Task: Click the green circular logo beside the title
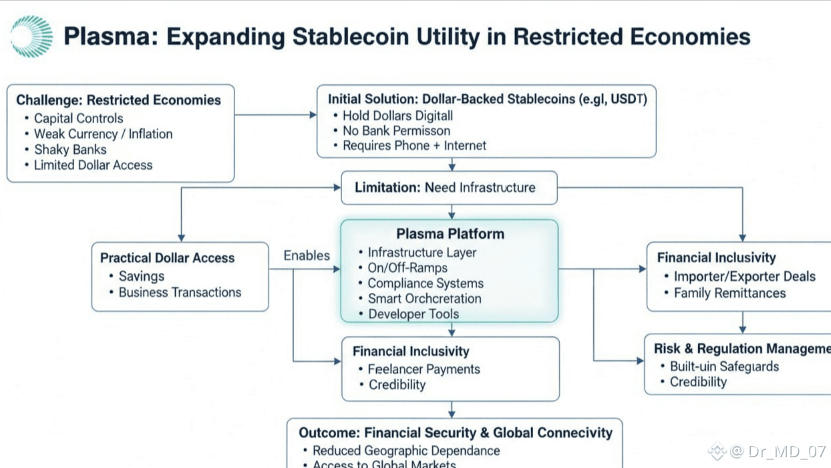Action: pyautogui.click(x=31, y=36)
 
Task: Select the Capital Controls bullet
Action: pyautogui.click(x=78, y=118)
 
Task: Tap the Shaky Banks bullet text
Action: pyautogui.click(x=70, y=150)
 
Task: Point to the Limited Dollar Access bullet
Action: pyautogui.click(x=93, y=165)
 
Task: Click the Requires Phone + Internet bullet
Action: pyautogui.click(x=414, y=146)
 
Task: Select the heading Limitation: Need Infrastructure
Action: pyautogui.click(x=445, y=188)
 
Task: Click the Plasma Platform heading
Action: pyautogui.click(x=450, y=234)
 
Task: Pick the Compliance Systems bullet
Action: pyautogui.click(x=425, y=283)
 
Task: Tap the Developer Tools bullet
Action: pyautogui.click(x=413, y=314)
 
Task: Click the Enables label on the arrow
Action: pyautogui.click(x=307, y=255)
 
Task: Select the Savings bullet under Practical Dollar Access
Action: pyautogui.click(x=141, y=276)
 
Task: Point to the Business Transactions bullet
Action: pyautogui.click(x=180, y=292)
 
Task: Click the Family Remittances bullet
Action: pyautogui.click(x=729, y=293)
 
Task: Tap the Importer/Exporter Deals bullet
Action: pyautogui.click(x=744, y=277)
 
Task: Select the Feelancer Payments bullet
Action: pyautogui.click(x=424, y=369)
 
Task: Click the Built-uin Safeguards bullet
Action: pyautogui.click(x=724, y=366)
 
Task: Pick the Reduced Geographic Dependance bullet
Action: pyautogui.click(x=406, y=451)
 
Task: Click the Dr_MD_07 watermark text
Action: pyautogui.click(x=786, y=452)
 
